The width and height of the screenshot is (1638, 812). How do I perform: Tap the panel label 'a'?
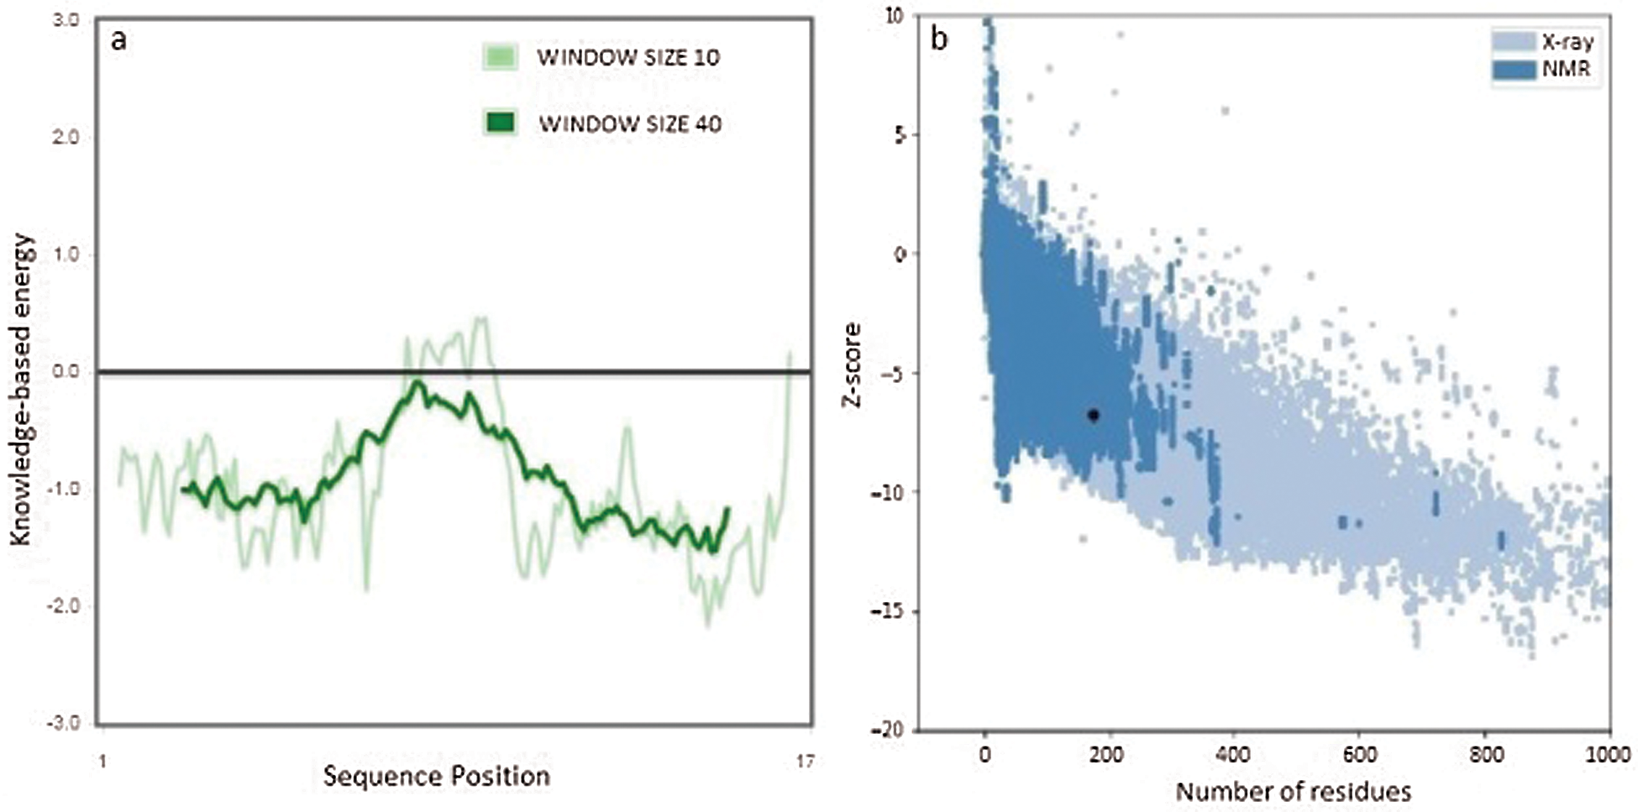point(118,39)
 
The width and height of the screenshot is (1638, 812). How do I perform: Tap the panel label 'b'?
point(939,39)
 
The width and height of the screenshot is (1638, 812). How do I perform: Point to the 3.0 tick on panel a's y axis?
point(66,19)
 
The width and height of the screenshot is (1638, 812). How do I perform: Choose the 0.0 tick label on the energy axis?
point(66,371)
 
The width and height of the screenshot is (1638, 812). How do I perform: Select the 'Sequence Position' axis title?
point(436,776)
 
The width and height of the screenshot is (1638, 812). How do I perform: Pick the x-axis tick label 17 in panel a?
point(805,762)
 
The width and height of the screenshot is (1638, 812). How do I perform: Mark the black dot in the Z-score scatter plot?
point(1093,415)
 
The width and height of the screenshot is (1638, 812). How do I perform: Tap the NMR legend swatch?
point(1514,69)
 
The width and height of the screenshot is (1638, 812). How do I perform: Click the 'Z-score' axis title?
point(852,365)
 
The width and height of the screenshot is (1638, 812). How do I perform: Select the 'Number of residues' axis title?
point(1293,791)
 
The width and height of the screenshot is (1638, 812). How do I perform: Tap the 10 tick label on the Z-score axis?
point(896,16)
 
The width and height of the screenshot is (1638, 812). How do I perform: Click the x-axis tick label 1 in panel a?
point(102,762)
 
